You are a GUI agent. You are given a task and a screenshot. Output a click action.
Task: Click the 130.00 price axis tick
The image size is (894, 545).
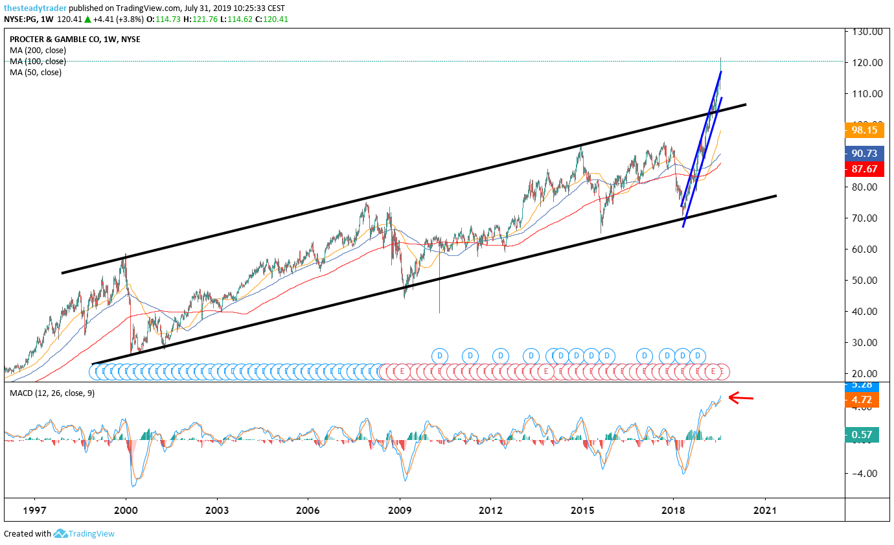coord(868,31)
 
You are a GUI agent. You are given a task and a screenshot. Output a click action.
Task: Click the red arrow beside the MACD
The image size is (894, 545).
coord(741,398)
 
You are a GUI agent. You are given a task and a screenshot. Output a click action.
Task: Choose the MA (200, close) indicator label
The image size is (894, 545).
coord(38,50)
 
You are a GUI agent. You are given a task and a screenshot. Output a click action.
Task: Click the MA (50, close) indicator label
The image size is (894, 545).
coord(36,72)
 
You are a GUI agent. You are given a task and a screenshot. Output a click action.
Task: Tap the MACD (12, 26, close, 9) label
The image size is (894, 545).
coord(52,393)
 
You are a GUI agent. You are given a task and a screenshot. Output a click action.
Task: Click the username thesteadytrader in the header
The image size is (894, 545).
coord(35,8)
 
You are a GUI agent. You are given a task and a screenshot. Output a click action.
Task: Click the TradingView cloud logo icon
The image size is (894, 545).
coord(60,533)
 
